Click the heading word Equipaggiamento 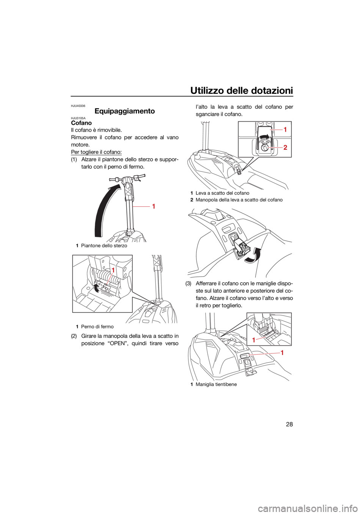[124, 111]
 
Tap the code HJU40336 [78, 106]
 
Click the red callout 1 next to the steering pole [154, 206]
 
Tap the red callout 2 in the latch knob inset [285, 148]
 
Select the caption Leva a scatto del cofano [222, 193]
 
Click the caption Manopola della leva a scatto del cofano [239, 200]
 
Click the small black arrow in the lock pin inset [97, 287]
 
